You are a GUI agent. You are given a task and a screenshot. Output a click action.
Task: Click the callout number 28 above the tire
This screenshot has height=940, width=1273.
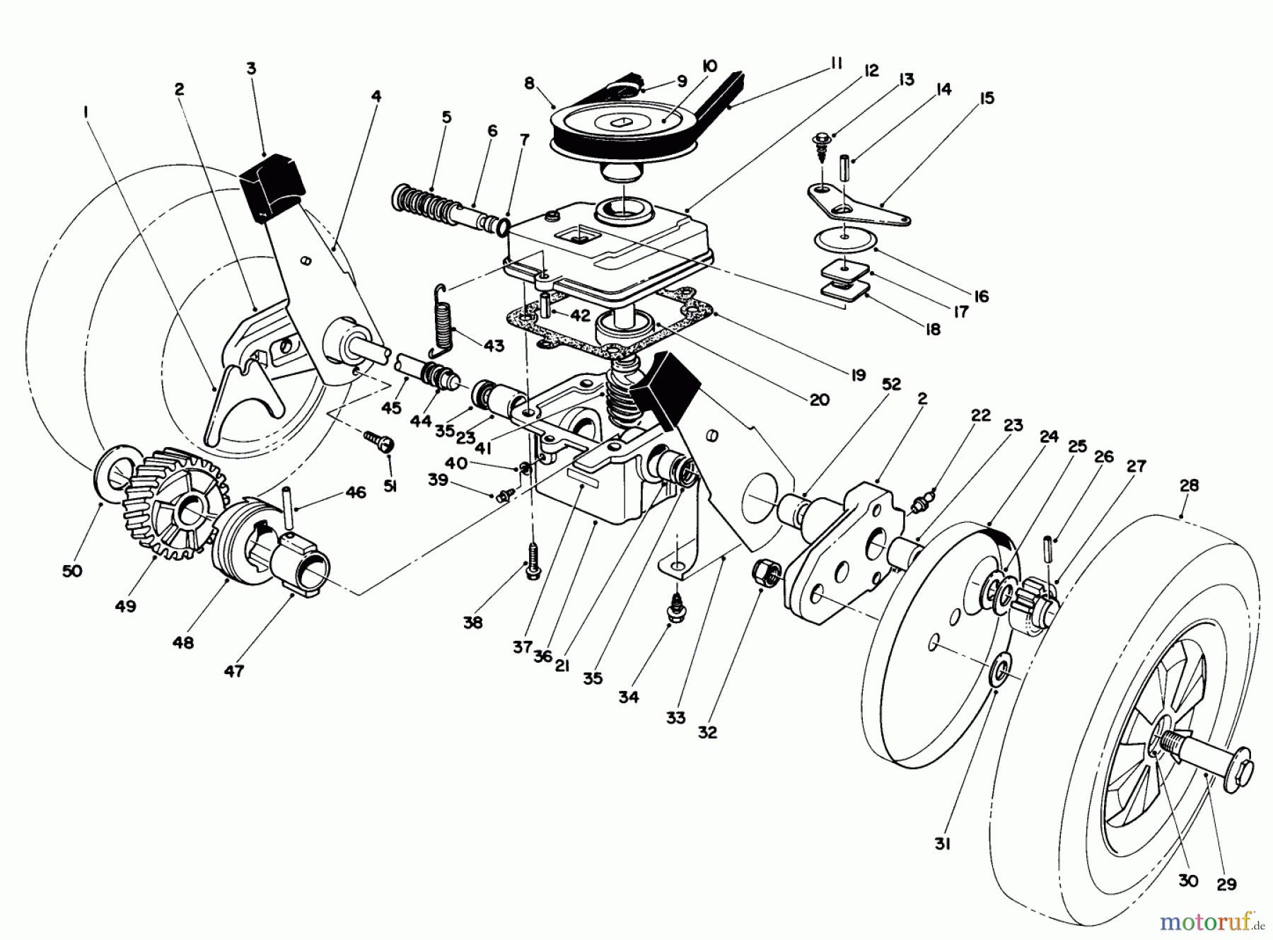click(1190, 486)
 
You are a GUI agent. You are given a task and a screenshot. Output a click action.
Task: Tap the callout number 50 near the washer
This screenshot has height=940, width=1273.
click(72, 571)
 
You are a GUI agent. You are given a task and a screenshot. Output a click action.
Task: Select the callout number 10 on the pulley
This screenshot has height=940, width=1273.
click(709, 66)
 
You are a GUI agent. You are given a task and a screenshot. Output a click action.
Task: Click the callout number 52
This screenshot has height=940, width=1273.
click(892, 383)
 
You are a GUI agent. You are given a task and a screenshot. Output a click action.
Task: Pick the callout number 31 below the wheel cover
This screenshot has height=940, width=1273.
click(941, 844)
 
